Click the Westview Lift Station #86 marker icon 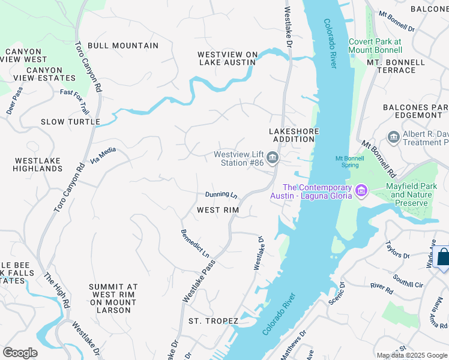(273, 158)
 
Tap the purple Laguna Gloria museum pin (361, 191)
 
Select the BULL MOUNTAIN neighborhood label (123, 46)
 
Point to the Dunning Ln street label (221, 194)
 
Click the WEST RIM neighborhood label (218, 210)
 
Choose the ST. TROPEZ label (213, 321)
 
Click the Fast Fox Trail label (74, 102)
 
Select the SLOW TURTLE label (70, 122)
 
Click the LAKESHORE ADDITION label (292, 135)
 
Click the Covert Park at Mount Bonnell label (375, 46)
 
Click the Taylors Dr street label (397, 250)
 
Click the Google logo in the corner (20, 353)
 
